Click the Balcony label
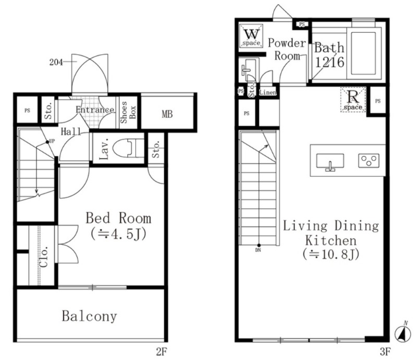coord(89,316)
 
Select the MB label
coord(167,114)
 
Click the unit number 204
coord(56,62)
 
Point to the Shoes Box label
coord(128,112)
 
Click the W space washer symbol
coord(251,35)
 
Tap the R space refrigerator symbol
coord(353,100)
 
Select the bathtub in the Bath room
coord(363,53)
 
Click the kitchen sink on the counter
coord(330,161)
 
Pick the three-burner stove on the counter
coord(369,161)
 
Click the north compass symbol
coord(402,332)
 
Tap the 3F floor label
coord(385,352)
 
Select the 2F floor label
coord(161,352)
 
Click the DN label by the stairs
coord(258,250)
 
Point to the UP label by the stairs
coord(52,141)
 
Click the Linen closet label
coord(268,92)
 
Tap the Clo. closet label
coord(44,256)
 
